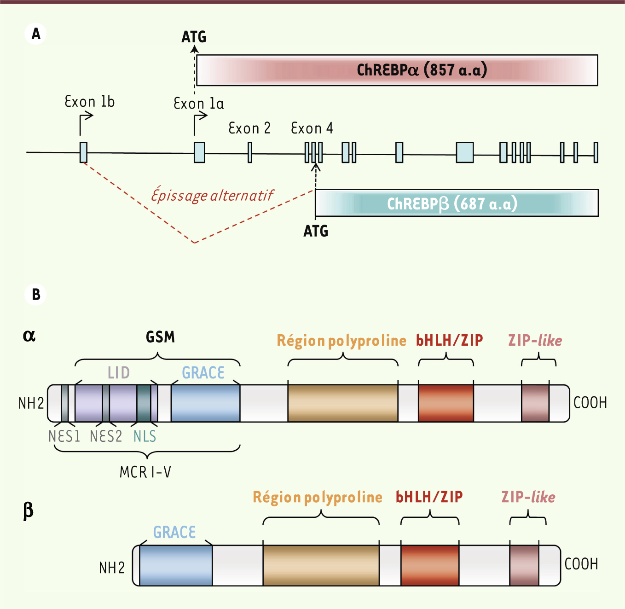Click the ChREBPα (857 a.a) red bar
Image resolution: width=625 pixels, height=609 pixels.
pyautogui.click(x=397, y=70)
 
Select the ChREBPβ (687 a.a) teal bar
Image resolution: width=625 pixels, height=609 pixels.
pyautogui.click(x=457, y=203)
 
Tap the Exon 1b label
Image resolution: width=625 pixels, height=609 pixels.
pyautogui.click(x=89, y=101)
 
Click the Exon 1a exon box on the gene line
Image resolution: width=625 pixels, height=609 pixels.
pyautogui.click(x=199, y=152)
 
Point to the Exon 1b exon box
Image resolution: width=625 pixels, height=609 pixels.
pyautogui.click(x=83, y=152)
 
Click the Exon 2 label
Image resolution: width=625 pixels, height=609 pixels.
pyautogui.click(x=249, y=128)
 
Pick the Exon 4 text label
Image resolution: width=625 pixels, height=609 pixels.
pyautogui.click(x=312, y=128)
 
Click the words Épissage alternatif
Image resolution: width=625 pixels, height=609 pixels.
pyautogui.click(x=212, y=196)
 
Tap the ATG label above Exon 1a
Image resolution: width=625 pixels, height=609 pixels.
pyautogui.click(x=194, y=37)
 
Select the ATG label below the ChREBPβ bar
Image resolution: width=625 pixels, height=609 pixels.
pyautogui.click(x=316, y=231)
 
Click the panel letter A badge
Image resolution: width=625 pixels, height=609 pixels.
pyautogui.click(x=36, y=34)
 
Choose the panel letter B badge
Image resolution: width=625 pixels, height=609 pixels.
pyautogui.click(x=36, y=294)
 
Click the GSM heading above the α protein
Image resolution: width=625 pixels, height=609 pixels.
pyautogui.click(x=160, y=337)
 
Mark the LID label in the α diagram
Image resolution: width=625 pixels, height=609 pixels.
pyautogui.click(x=119, y=372)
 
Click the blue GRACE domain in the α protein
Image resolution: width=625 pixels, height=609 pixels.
pyautogui.click(x=205, y=403)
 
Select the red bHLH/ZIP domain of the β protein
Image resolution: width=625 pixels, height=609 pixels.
pyautogui.click(x=430, y=565)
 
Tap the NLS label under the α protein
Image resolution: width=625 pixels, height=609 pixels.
pyautogui.click(x=145, y=436)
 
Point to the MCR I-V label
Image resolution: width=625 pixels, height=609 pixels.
pyautogui.click(x=145, y=472)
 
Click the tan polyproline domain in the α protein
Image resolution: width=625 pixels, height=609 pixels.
pyautogui.click(x=343, y=403)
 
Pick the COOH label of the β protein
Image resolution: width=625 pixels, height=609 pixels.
pyautogui.click(x=581, y=564)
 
